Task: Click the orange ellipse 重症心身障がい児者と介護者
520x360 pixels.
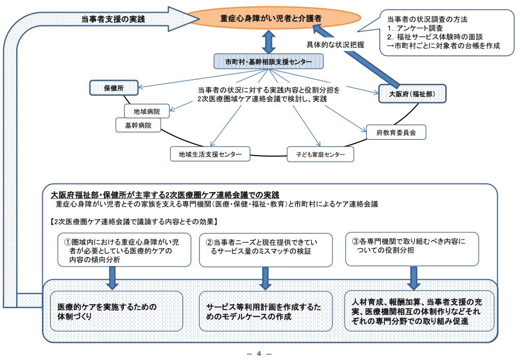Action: click(270, 18)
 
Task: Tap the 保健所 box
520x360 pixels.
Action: click(107, 87)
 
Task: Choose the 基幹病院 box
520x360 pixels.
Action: click(138, 124)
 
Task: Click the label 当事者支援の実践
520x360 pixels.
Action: click(113, 19)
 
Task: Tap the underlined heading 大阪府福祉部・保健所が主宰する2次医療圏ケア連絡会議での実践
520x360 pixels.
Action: click(166, 195)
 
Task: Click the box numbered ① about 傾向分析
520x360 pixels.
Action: click(126, 249)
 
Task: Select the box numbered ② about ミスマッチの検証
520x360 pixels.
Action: click(265, 249)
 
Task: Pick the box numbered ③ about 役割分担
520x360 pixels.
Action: click(412, 249)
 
